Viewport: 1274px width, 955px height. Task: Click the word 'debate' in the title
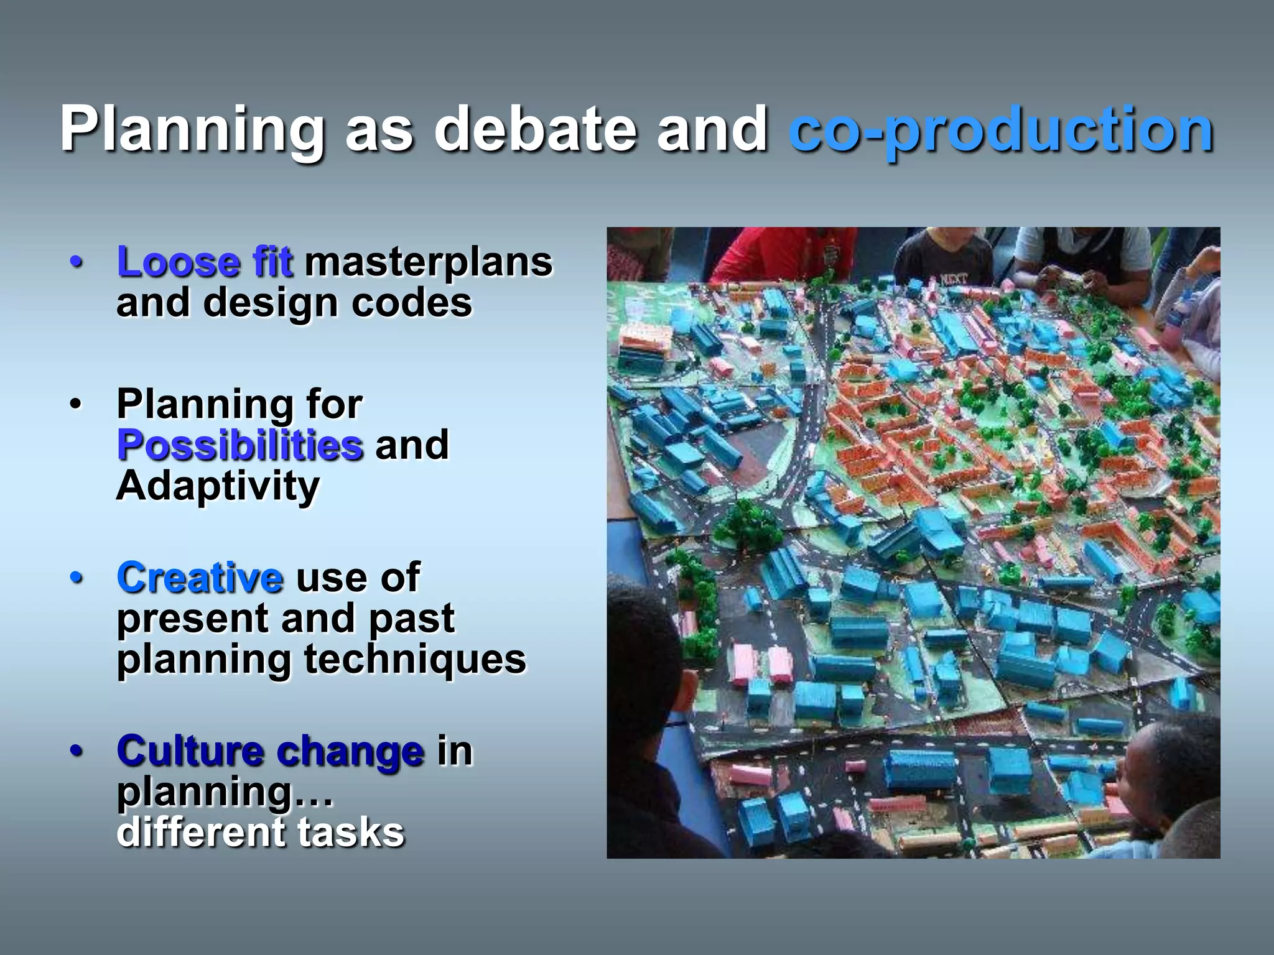tap(535, 129)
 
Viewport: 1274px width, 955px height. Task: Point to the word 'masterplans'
tap(428, 262)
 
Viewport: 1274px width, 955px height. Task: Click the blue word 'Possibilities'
tap(240, 445)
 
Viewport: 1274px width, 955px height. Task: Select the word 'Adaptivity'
tap(218, 486)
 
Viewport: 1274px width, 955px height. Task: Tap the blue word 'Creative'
tap(200, 578)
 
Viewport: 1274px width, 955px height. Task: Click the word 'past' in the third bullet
tap(411, 619)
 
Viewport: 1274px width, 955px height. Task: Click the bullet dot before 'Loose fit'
tap(77, 262)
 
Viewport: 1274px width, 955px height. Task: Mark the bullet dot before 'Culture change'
tap(77, 751)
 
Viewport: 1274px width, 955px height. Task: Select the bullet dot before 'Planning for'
tap(77, 405)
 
